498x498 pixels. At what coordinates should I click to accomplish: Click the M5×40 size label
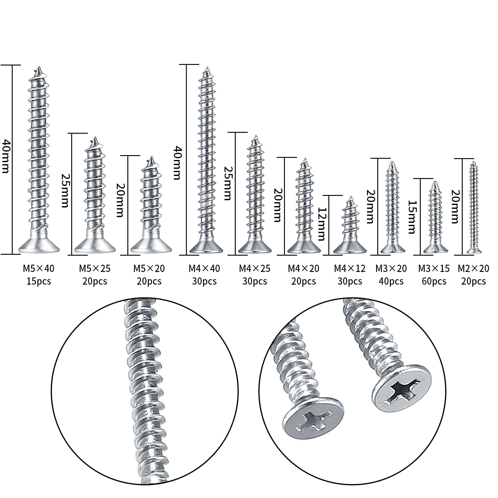[39, 268]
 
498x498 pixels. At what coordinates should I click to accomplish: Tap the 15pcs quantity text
[39, 282]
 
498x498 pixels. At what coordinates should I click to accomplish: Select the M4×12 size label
[350, 268]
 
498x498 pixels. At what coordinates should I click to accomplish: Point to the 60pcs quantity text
[434, 282]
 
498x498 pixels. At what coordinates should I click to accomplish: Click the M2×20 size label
[473, 268]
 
